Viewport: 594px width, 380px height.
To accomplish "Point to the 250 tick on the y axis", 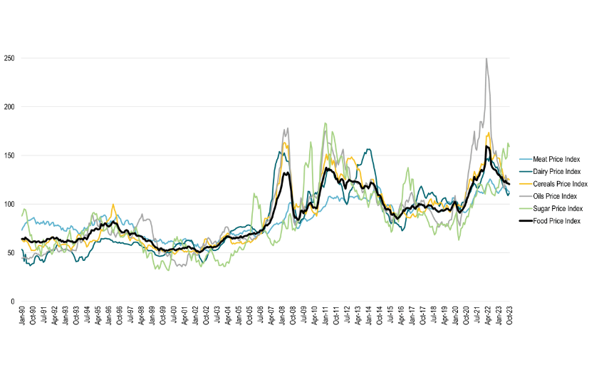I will tap(8, 58).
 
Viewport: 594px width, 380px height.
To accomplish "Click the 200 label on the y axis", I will tap(8, 107).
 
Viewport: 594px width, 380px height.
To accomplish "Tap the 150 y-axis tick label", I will tap(8, 155).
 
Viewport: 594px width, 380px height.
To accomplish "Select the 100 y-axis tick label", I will tap(8, 204).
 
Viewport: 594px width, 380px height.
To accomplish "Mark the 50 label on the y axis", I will tap(9, 253).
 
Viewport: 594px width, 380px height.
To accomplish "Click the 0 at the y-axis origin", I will tap(11, 302).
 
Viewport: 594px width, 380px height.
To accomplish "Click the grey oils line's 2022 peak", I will tap(486, 58).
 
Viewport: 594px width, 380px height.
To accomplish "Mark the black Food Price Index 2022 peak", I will tap(486, 146).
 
